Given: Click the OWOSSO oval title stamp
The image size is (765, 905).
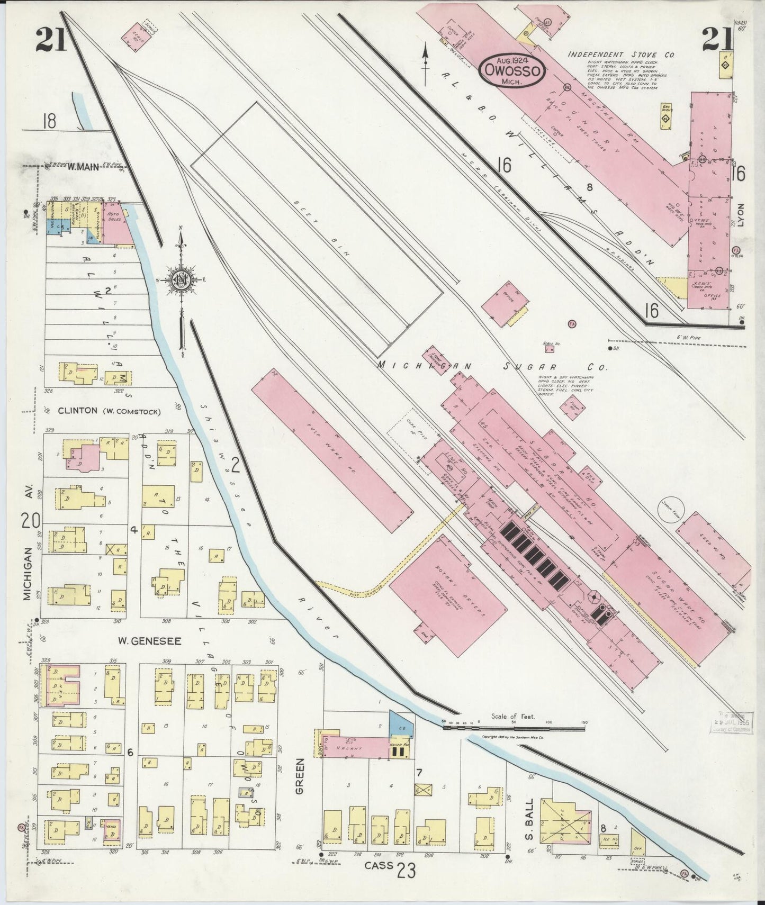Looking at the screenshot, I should (x=513, y=70).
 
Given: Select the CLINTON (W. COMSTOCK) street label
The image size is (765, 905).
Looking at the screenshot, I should (x=109, y=410).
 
